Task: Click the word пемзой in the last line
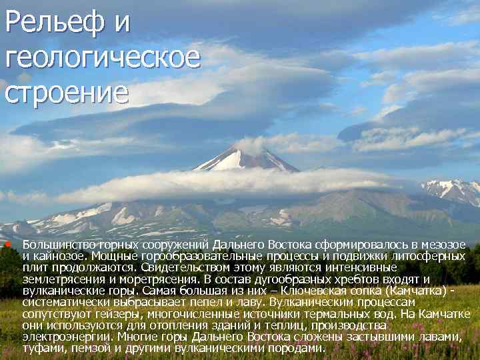coord(92,348)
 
